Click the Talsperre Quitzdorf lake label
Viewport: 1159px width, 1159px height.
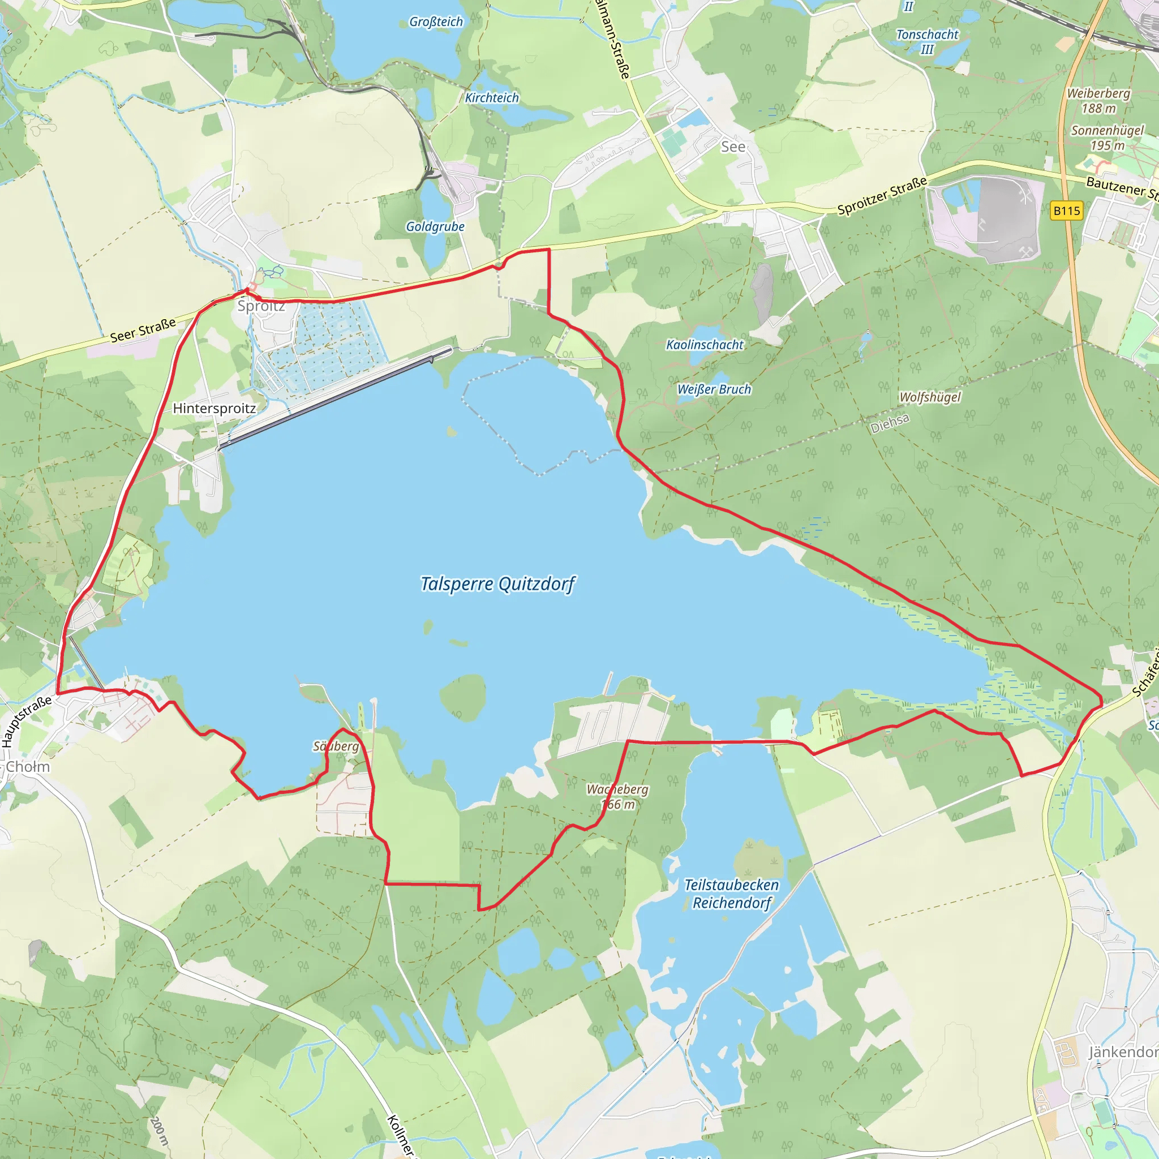coord(497,583)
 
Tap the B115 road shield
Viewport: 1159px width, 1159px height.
coord(1067,211)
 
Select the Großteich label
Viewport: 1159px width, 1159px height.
coord(436,22)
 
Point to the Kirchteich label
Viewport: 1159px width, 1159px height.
coord(492,98)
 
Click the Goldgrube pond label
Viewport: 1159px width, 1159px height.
coord(435,227)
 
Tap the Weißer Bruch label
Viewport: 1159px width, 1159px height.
coord(714,389)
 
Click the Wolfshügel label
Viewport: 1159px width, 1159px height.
coord(930,397)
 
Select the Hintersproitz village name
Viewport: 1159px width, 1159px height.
coord(214,409)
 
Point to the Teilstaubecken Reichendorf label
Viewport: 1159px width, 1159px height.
coord(732,894)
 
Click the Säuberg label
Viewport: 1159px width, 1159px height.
coord(336,746)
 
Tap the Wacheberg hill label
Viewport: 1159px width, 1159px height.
coord(618,797)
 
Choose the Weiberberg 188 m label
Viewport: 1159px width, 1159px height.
coord(1098,101)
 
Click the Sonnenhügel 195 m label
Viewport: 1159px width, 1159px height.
coord(1108,138)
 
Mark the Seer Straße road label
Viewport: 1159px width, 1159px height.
coord(143,330)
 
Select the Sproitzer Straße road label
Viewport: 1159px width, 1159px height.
coord(882,196)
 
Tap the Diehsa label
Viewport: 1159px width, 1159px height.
coord(890,423)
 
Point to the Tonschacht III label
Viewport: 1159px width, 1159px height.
coord(927,42)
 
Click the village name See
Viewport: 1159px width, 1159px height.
coord(733,147)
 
